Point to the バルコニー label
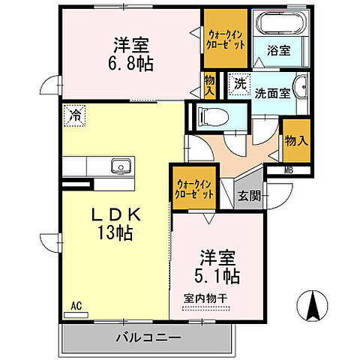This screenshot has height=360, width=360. click(147, 338)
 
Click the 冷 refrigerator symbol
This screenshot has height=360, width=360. click(75, 115)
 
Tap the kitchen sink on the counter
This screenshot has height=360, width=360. click(119, 166)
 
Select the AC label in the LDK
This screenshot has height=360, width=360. click(76, 307)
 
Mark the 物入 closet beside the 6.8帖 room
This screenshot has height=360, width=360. click(210, 84)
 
